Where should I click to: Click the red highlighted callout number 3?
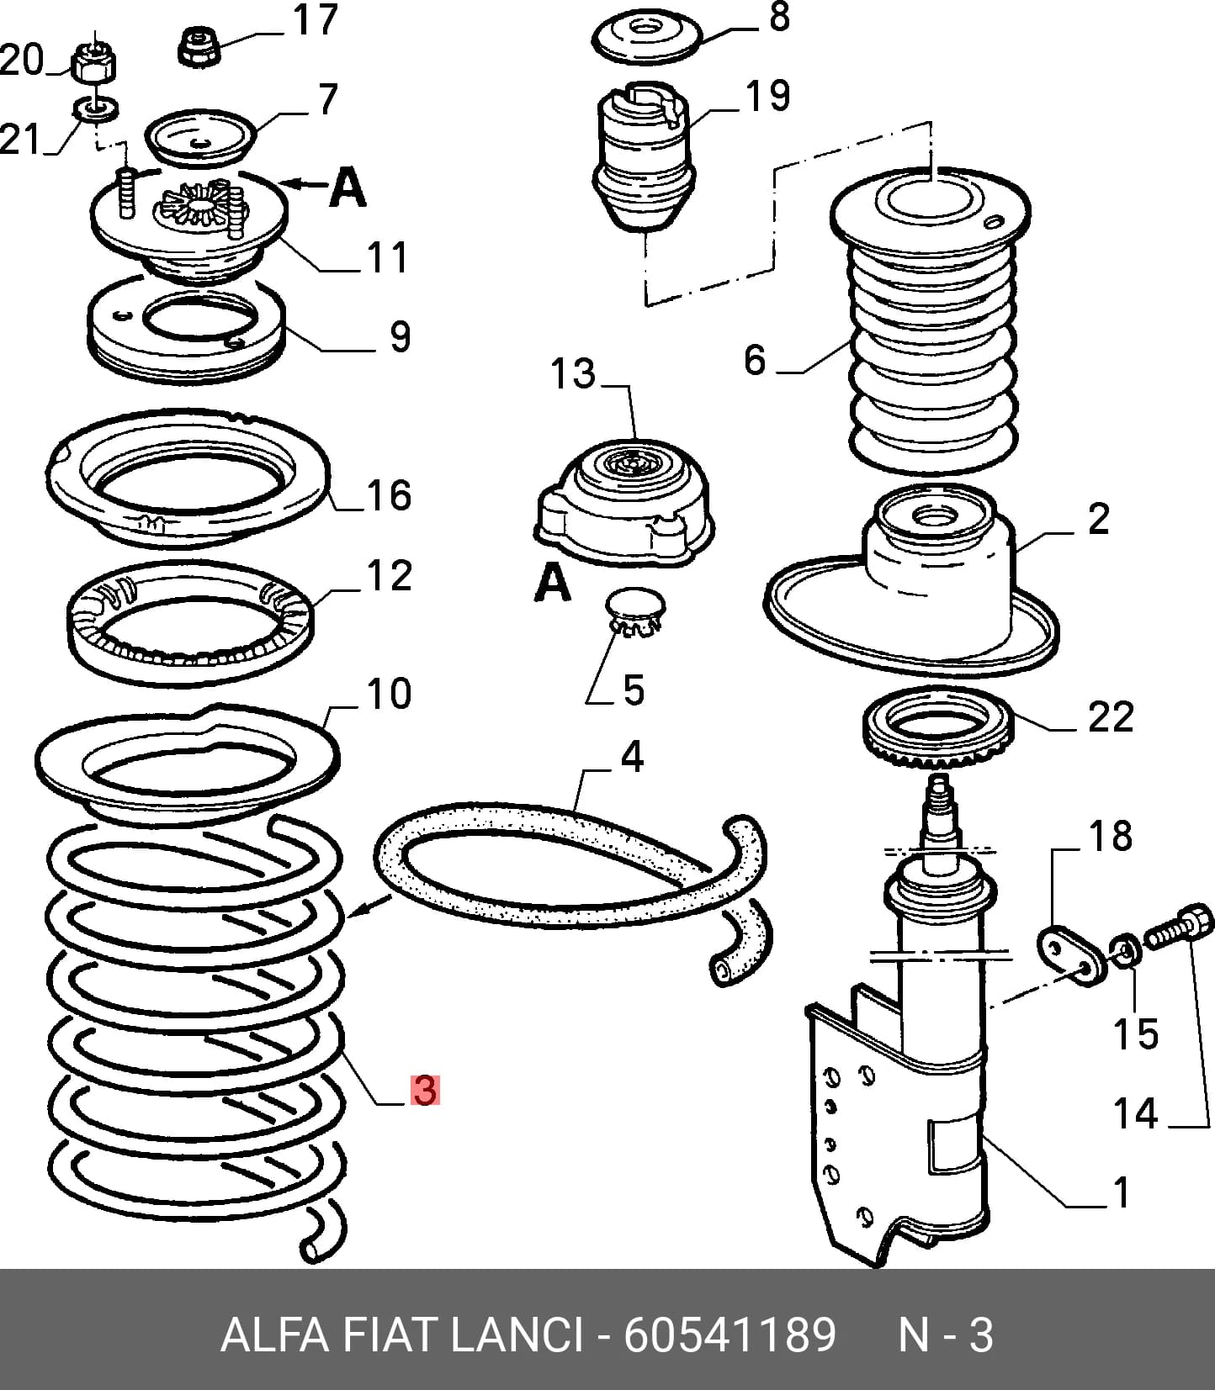click(425, 1090)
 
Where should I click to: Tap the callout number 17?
click(316, 20)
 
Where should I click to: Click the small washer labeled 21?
click(97, 108)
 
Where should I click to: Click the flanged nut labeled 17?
click(200, 45)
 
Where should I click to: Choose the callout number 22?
click(1111, 717)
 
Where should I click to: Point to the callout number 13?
click(573, 373)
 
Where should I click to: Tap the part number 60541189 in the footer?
click(729, 1335)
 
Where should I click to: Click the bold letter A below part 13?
click(553, 582)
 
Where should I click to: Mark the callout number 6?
click(755, 359)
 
